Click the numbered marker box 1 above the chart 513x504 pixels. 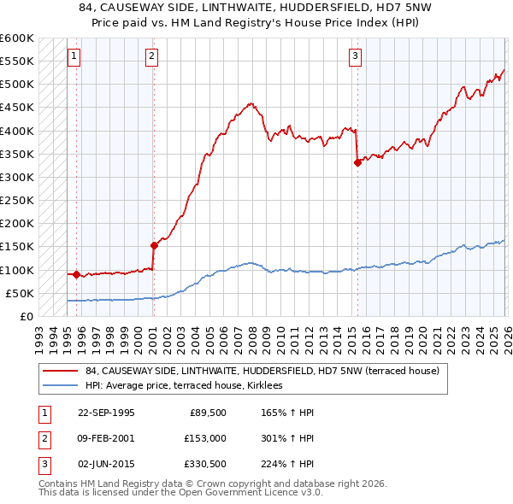74,57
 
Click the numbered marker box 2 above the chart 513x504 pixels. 151,57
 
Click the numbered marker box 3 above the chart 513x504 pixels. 355,57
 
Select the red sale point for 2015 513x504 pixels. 357,163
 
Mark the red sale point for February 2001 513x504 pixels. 154,245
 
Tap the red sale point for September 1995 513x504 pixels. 77,274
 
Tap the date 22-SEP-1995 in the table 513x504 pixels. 106,413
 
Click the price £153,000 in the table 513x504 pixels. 204,438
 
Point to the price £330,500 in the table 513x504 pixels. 204,464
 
